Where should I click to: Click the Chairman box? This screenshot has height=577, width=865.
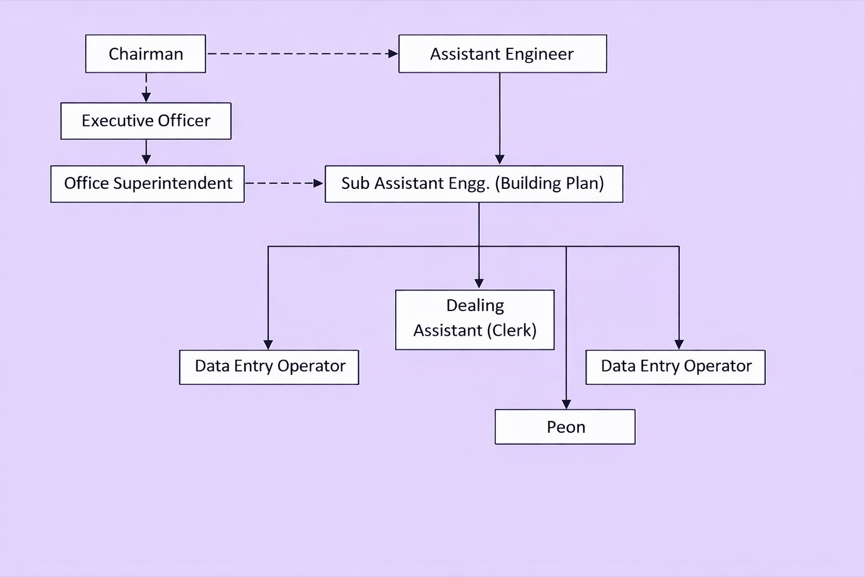point(146,54)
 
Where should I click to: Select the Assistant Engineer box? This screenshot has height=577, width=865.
point(503,54)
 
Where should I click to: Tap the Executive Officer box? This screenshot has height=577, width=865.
point(146,121)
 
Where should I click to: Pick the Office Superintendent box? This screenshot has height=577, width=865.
point(148,184)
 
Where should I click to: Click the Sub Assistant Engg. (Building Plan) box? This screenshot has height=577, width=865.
point(474,184)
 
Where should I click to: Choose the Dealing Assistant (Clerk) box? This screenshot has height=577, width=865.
point(475,320)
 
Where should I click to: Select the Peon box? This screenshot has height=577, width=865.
point(565,427)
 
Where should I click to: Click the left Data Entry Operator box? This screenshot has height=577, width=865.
point(269,367)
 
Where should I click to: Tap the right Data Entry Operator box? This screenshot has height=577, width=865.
point(675,367)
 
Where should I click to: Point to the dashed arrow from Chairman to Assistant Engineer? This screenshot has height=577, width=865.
point(303,54)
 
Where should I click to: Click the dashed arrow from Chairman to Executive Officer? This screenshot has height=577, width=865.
point(146,88)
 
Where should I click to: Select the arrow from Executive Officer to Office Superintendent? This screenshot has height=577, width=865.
point(146,152)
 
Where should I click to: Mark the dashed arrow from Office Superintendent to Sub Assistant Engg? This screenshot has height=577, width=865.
point(284,183)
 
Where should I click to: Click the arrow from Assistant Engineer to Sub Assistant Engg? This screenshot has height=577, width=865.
point(500,119)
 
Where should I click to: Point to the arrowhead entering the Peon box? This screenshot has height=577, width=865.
point(566,404)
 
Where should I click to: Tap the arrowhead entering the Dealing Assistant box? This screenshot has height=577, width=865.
point(479,283)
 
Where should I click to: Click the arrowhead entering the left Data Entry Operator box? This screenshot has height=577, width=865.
point(268,345)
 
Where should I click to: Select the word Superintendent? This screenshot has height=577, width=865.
point(173,184)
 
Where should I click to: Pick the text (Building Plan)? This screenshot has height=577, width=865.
point(550,184)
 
